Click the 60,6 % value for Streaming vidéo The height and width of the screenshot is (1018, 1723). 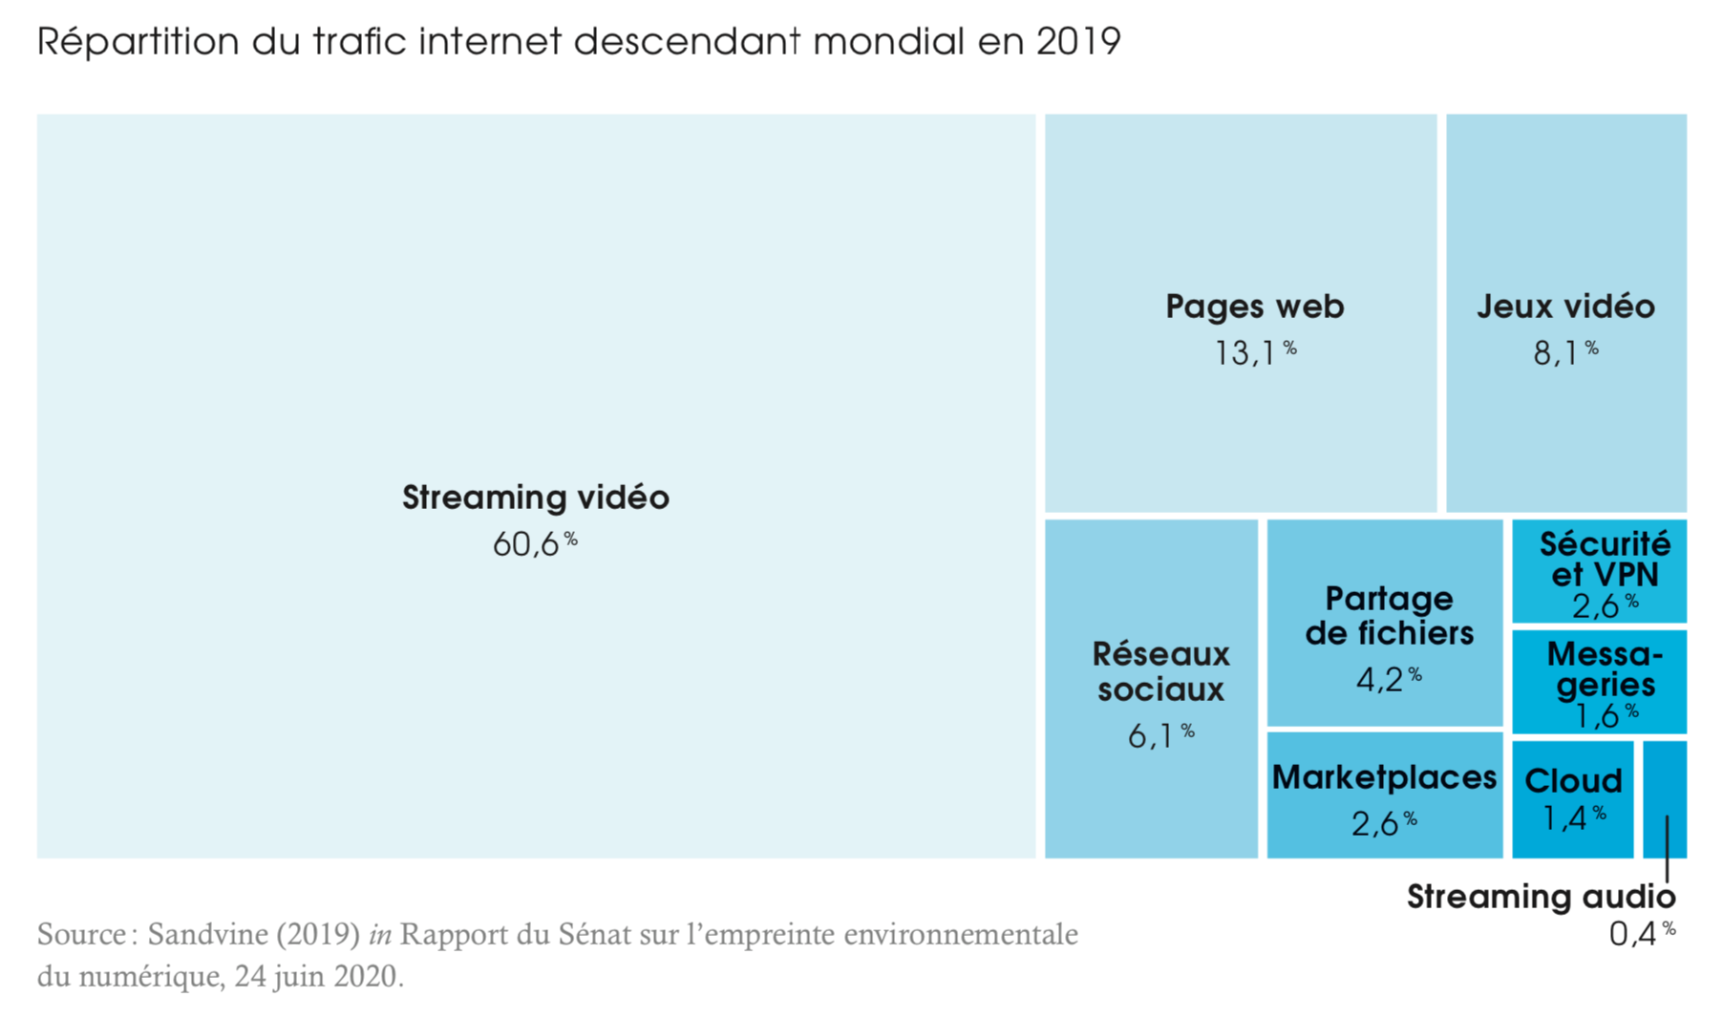[x=535, y=544]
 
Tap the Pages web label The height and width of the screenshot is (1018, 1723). [x=1254, y=307]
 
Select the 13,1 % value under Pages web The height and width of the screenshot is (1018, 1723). [x=1254, y=353]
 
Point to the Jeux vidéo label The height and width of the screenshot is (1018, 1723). [x=1565, y=307]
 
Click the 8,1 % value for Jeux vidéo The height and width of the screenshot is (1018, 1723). [x=1565, y=353]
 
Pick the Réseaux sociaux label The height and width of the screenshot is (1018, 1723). [x=1160, y=671]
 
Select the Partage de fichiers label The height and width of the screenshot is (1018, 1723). [x=1389, y=616]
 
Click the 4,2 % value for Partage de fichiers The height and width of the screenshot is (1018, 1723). [x=1389, y=679]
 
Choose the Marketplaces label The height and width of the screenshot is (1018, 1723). [x=1384, y=777]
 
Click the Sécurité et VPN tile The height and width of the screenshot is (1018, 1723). [x=1600, y=571]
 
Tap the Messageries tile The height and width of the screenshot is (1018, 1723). [x=1600, y=681]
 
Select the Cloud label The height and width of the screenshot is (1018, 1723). [x=1573, y=781]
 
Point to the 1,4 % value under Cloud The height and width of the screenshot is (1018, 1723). [x=1573, y=817]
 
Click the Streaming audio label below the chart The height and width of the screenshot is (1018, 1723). [x=1541, y=897]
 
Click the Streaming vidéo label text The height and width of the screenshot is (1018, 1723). [x=535, y=498]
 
